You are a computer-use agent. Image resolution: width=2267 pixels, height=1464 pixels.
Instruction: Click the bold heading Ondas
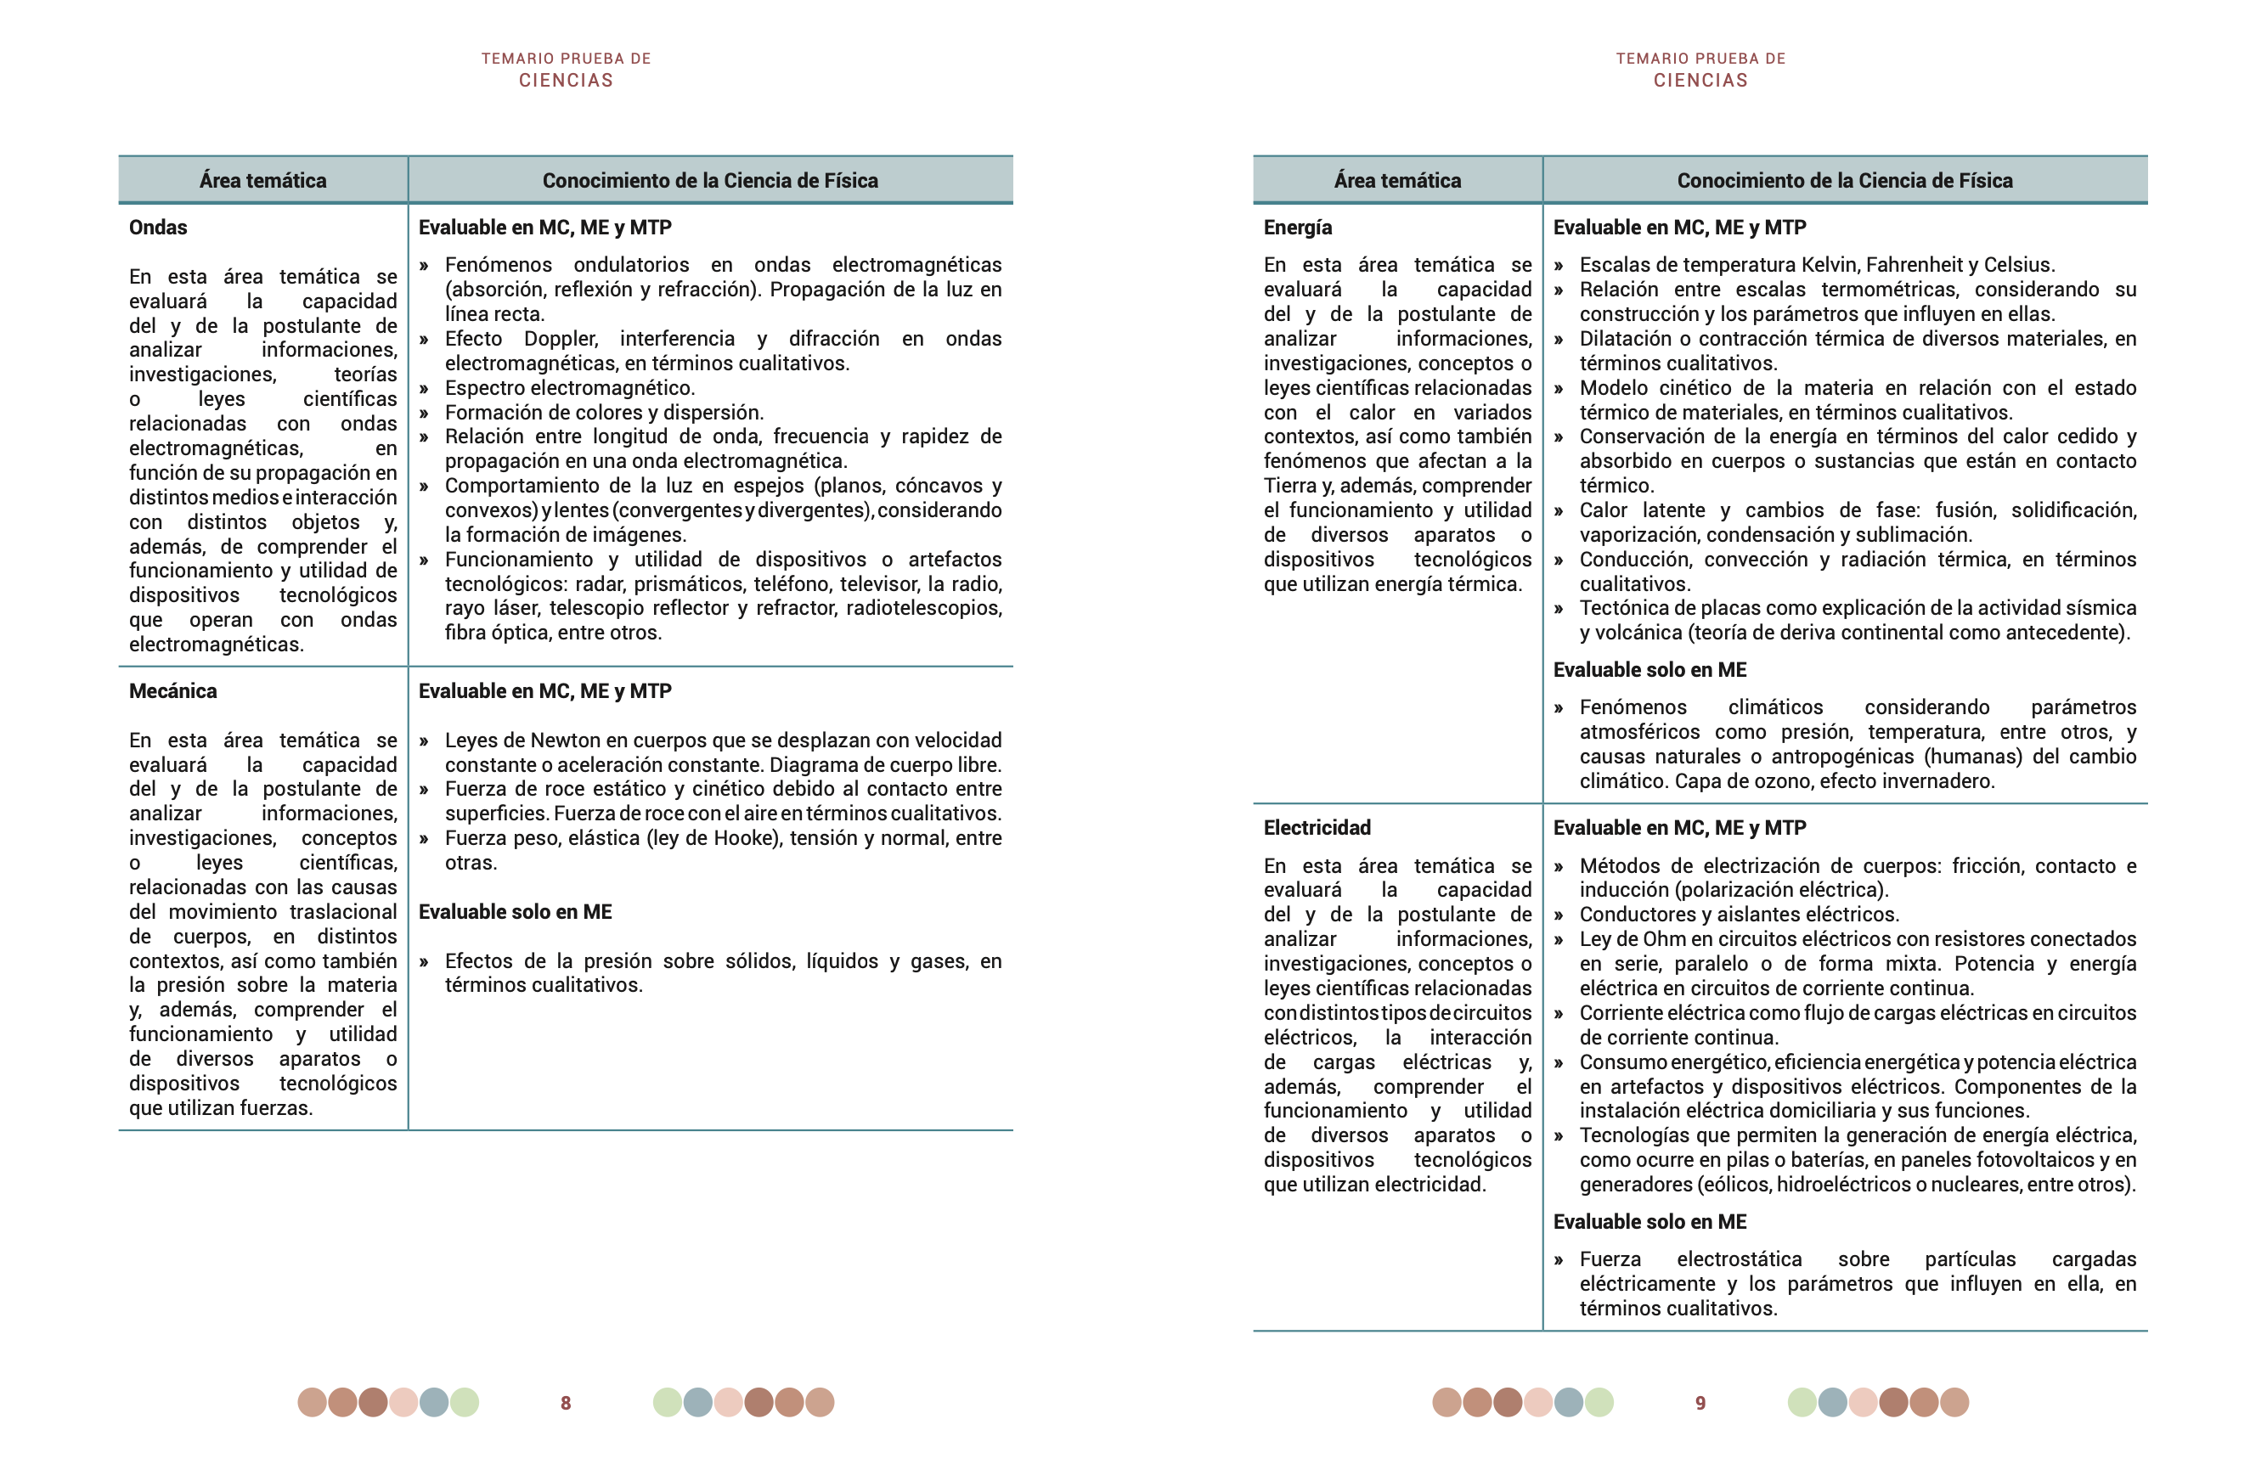pos(158,228)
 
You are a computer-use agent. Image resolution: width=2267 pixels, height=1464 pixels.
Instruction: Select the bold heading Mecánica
pos(173,691)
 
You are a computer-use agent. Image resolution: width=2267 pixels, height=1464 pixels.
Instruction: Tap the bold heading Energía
pos(1297,228)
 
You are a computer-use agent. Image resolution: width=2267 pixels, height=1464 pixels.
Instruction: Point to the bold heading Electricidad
pos(1317,828)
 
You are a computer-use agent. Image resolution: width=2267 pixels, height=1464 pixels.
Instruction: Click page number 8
pos(566,1403)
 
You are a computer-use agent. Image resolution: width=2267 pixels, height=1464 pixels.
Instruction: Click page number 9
pos(1700,1403)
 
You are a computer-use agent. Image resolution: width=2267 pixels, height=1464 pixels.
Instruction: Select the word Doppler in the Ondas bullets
pos(561,340)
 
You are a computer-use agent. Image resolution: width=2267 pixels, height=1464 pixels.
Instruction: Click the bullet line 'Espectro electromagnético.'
pos(570,388)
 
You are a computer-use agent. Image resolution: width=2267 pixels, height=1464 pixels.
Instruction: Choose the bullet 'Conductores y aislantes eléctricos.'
pos(1740,915)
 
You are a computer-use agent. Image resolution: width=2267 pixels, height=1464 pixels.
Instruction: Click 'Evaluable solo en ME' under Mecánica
pos(516,913)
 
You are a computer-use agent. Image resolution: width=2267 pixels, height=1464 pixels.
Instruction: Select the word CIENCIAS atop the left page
pos(566,81)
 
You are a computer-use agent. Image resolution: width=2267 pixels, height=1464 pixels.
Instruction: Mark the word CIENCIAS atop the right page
pos(1700,81)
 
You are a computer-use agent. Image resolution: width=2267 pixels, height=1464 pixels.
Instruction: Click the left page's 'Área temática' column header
pos(262,181)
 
